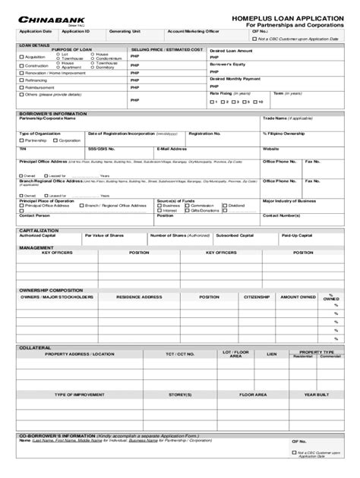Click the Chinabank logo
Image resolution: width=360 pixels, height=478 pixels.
pyautogui.click(x=46, y=16)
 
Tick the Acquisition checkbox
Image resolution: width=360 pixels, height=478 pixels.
pyautogui.click(x=22, y=57)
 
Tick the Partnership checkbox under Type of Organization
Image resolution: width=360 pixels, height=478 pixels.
pyautogui.click(x=22, y=141)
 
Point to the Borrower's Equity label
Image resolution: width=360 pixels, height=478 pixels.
pyautogui.click(x=227, y=64)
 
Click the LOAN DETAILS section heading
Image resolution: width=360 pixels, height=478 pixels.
pyautogui.click(x=34, y=45)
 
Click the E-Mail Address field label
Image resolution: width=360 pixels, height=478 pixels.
pyautogui.click(x=172, y=149)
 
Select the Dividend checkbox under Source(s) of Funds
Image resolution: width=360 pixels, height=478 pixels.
pyautogui.click(x=225, y=205)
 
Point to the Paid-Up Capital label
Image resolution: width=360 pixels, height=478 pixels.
pyautogui.click(x=297, y=235)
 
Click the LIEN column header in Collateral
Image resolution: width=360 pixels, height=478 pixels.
pyautogui.click(x=271, y=354)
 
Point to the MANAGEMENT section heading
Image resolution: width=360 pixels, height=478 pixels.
pyautogui.click(x=36, y=247)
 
